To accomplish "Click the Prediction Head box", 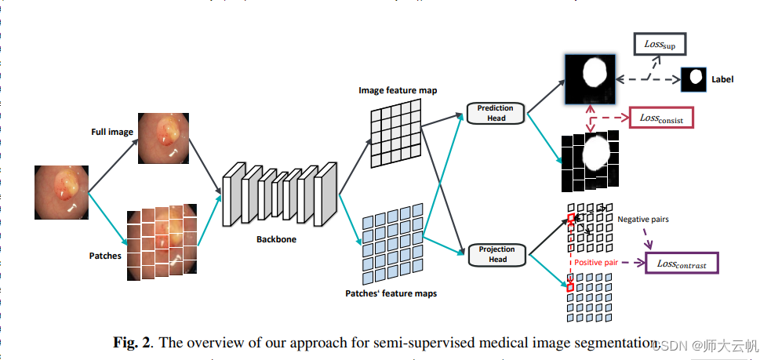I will pyautogui.click(x=496, y=113).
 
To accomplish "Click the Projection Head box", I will pyautogui.click(x=496, y=254).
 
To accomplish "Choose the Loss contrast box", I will pyautogui.click(x=682, y=264).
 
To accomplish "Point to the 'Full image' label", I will pyautogui.click(x=112, y=133).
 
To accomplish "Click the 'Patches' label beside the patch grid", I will pyautogui.click(x=105, y=255).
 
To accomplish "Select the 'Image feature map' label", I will pyautogui.click(x=398, y=90).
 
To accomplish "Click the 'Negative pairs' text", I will pyautogui.click(x=643, y=220).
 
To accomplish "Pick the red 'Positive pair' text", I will pyautogui.click(x=601, y=263).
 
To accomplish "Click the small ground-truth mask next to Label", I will pyautogui.click(x=693, y=79).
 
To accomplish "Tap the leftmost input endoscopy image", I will pyautogui.click(x=61, y=192).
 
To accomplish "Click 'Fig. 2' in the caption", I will pyautogui.click(x=130, y=342).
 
